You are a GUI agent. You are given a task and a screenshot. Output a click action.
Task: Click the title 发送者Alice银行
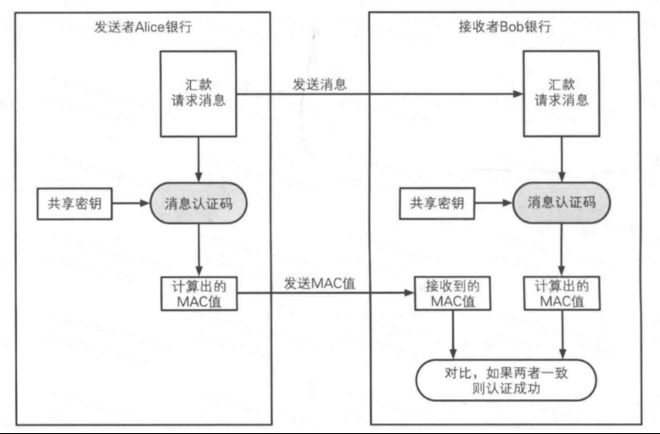tap(143, 27)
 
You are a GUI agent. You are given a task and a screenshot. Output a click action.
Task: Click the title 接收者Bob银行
tap(505, 26)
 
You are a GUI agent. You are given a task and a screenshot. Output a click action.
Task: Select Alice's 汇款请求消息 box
tap(199, 94)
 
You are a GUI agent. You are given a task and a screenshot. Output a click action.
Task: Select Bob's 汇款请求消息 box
tap(562, 94)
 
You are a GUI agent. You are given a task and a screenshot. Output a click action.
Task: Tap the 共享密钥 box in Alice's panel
tap(75, 204)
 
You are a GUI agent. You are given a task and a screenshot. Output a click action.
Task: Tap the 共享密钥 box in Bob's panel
tap(437, 204)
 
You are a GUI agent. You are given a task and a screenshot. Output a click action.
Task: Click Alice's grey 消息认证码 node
tap(199, 203)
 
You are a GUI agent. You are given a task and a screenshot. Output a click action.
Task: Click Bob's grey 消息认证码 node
tap(562, 203)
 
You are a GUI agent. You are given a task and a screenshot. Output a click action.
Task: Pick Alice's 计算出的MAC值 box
tap(199, 294)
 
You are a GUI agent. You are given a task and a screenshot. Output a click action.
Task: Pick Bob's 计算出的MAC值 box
tap(562, 293)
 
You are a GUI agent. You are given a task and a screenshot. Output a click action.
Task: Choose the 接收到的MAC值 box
tap(453, 293)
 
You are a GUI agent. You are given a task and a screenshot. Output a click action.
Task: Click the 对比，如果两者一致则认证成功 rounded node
tap(506, 380)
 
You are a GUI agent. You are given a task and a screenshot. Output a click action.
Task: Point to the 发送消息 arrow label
tap(320, 84)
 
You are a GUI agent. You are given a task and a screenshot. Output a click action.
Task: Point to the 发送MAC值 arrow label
tap(320, 283)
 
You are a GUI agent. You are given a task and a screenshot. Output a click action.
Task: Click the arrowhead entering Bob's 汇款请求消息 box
tap(518, 94)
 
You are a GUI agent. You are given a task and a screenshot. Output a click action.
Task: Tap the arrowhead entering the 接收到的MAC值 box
tap(410, 292)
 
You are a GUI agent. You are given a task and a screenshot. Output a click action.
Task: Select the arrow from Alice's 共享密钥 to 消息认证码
tap(131, 203)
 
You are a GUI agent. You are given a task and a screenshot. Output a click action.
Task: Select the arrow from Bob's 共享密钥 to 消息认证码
tap(494, 203)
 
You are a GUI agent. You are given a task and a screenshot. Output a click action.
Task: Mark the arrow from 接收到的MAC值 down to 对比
tap(453, 335)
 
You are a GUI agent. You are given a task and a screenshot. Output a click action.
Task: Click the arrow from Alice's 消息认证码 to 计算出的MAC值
tap(199, 250)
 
